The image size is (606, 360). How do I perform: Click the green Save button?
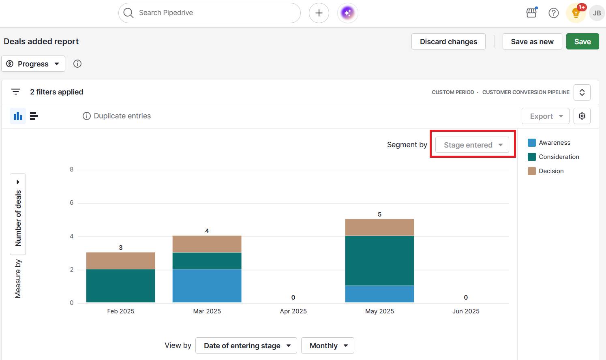tap(582, 41)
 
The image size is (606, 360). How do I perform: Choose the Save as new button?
tap(532, 41)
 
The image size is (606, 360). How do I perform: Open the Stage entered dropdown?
tap(472, 145)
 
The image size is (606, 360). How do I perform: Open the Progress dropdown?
tap(33, 64)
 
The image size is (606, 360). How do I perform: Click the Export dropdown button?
tap(545, 116)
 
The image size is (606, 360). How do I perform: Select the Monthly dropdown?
tap(328, 345)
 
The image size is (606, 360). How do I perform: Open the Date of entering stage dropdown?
tap(246, 345)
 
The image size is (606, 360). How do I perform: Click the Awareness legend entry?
tap(554, 143)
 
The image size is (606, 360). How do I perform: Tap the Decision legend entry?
tap(551, 171)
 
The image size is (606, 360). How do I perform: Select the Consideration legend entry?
tap(559, 157)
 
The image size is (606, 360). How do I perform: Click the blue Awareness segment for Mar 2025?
tap(207, 285)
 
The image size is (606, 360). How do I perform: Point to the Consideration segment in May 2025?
tap(379, 260)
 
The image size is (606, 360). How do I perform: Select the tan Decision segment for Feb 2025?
tap(120, 261)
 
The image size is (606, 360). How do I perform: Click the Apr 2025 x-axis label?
tap(293, 311)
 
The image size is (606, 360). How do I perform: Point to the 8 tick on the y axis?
tap(72, 169)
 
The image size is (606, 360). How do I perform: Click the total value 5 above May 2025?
tap(379, 214)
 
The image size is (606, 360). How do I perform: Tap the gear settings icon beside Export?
tap(582, 116)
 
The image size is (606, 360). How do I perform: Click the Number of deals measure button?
tap(18, 214)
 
